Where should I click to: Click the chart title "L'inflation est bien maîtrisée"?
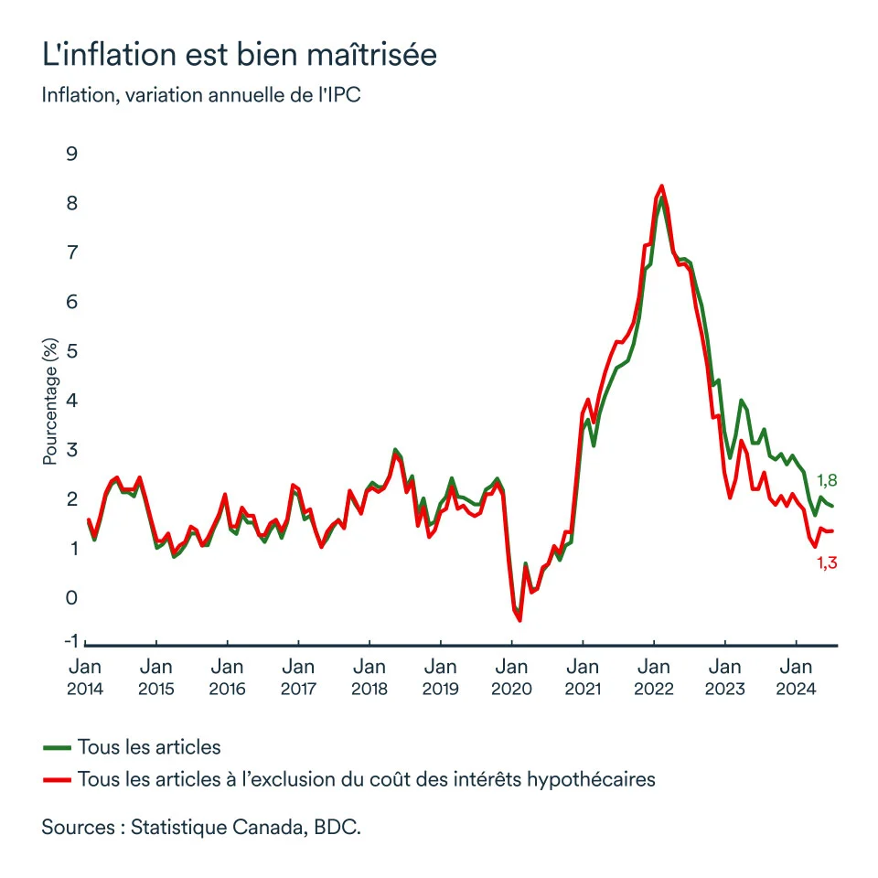click(240, 54)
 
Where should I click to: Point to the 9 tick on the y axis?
click(71, 153)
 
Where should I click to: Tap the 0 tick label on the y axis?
click(71, 597)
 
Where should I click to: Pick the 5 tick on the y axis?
click(71, 350)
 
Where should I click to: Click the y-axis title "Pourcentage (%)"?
click(50, 400)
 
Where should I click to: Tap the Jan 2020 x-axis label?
click(511, 677)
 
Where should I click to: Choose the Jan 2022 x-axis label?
click(653, 677)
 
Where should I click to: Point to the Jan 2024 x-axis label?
click(796, 677)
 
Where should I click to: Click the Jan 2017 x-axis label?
click(297, 677)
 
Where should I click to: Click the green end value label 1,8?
click(827, 480)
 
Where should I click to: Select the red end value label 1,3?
click(827, 563)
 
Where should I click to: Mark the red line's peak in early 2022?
click(661, 186)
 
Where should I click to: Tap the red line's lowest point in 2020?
click(519, 620)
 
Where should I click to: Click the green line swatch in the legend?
click(57, 747)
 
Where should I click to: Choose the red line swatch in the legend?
click(57, 780)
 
